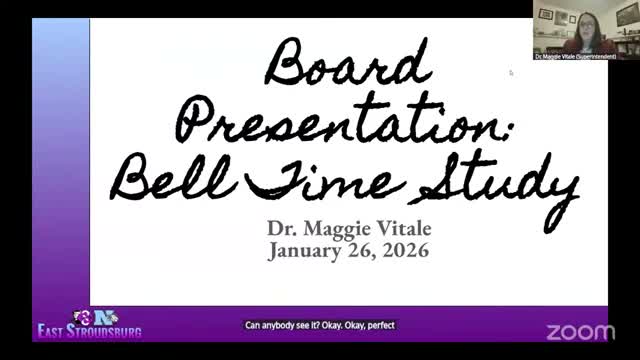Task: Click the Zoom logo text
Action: tap(581, 332)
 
